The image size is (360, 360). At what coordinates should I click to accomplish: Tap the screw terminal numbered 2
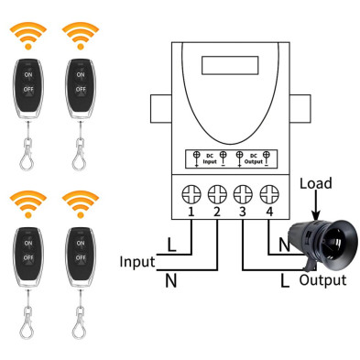point(218,195)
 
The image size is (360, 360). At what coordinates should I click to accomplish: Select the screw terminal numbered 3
point(244,195)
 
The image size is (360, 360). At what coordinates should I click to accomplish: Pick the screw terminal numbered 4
point(269,195)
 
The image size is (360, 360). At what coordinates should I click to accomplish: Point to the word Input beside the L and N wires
point(136,262)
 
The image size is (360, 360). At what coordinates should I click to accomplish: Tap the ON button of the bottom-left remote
point(28,245)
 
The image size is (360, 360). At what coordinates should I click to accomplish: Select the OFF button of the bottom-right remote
point(81,260)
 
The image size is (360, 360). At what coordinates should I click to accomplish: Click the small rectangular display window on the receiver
point(223,67)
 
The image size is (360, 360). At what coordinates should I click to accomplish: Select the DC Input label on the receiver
point(209,157)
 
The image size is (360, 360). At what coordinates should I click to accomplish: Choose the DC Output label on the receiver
point(254,157)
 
